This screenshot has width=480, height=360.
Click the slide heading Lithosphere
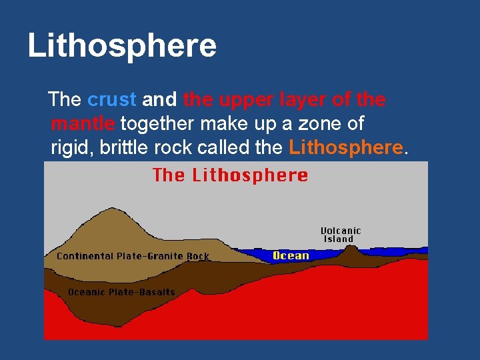(x=122, y=46)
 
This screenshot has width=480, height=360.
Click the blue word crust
(x=111, y=100)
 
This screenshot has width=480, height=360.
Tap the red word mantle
(x=83, y=123)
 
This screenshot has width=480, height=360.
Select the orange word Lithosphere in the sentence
(x=346, y=147)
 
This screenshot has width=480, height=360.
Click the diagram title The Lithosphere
(x=230, y=175)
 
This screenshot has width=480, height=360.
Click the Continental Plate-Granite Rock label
(x=133, y=256)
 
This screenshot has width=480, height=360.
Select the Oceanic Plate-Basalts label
(x=121, y=291)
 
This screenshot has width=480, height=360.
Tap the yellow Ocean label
(x=291, y=255)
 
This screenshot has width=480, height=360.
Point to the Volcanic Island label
(x=342, y=234)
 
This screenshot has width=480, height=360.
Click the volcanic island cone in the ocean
(x=350, y=251)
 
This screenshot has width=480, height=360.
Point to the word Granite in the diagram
(x=165, y=256)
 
